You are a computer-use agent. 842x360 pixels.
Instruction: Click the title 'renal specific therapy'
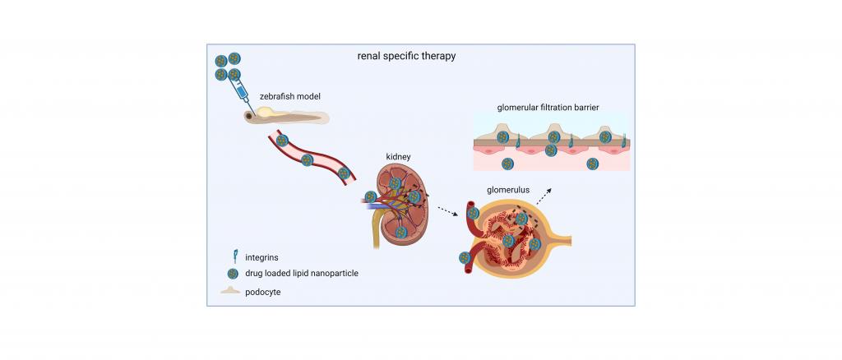406,56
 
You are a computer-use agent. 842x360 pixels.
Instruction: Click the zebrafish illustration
286,115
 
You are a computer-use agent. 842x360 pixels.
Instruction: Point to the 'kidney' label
398,157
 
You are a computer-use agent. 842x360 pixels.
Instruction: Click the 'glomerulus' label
508,190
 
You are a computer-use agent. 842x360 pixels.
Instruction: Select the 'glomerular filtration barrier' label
548,108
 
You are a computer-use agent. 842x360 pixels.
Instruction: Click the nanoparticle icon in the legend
233,274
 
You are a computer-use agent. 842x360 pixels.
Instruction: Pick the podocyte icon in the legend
231,290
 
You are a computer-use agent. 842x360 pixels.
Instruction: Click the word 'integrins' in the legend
261,257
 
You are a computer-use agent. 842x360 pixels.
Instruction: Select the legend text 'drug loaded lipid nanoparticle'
302,274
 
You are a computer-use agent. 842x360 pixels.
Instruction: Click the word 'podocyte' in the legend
263,293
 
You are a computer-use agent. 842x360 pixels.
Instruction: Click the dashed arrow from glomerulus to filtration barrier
544,197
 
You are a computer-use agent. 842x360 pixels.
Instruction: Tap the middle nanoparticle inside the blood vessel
307,160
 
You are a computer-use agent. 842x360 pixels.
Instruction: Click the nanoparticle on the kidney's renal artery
371,197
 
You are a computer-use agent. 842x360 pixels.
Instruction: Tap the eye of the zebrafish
250,116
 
